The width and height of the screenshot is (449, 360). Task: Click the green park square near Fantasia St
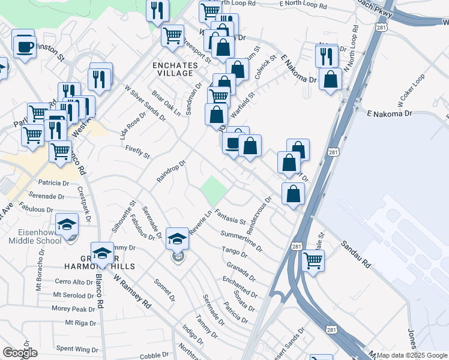[214, 190]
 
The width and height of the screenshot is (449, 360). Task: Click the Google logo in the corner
[20, 353]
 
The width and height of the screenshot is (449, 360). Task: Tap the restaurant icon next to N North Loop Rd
[326, 56]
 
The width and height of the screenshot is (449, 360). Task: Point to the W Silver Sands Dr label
[145, 102]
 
